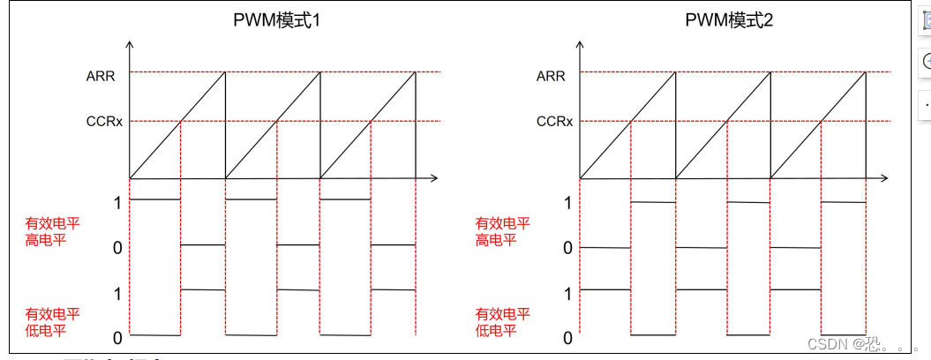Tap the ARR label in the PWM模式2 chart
(x=551, y=76)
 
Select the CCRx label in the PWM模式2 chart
(x=554, y=121)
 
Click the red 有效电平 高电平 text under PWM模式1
(x=53, y=231)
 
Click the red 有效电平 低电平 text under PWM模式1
(x=53, y=322)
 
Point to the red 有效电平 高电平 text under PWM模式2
(x=503, y=231)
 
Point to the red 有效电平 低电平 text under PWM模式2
(x=503, y=322)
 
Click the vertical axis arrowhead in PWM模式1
(x=130, y=43)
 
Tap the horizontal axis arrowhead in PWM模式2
(x=886, y=178)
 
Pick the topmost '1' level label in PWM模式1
(x=117, y=203)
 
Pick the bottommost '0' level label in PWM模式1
(x=117, y=337)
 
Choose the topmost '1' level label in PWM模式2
(x=568, y=203)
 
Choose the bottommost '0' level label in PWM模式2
(x=568, y=337)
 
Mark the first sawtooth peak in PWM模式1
(x=225, y=72)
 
